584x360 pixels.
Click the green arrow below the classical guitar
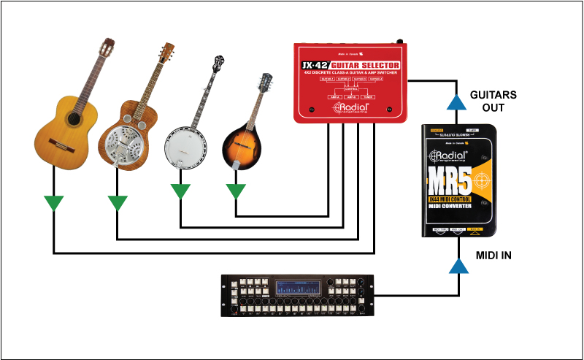53,202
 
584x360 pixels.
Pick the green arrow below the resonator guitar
118,202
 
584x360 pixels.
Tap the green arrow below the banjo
180,191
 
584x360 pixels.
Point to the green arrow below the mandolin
236,191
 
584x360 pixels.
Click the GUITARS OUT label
493,102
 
